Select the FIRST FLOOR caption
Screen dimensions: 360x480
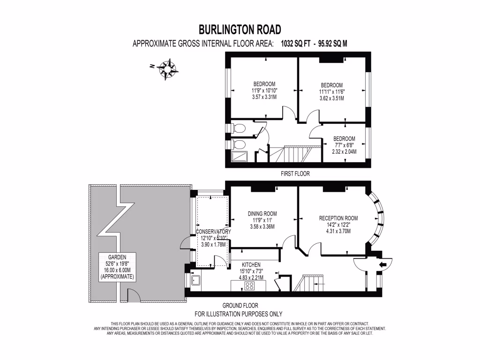295,173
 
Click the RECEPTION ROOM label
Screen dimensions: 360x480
338,218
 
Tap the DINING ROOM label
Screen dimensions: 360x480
262,214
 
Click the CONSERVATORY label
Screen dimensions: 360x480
213,232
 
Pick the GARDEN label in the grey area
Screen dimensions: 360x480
117,257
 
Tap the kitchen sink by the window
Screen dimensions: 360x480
195,281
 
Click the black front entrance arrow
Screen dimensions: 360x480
382,265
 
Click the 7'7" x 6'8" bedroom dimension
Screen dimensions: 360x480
344,145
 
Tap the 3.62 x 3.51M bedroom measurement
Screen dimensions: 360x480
331,98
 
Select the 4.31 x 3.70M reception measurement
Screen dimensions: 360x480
338,231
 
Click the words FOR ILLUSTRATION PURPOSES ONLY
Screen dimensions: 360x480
239,314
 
